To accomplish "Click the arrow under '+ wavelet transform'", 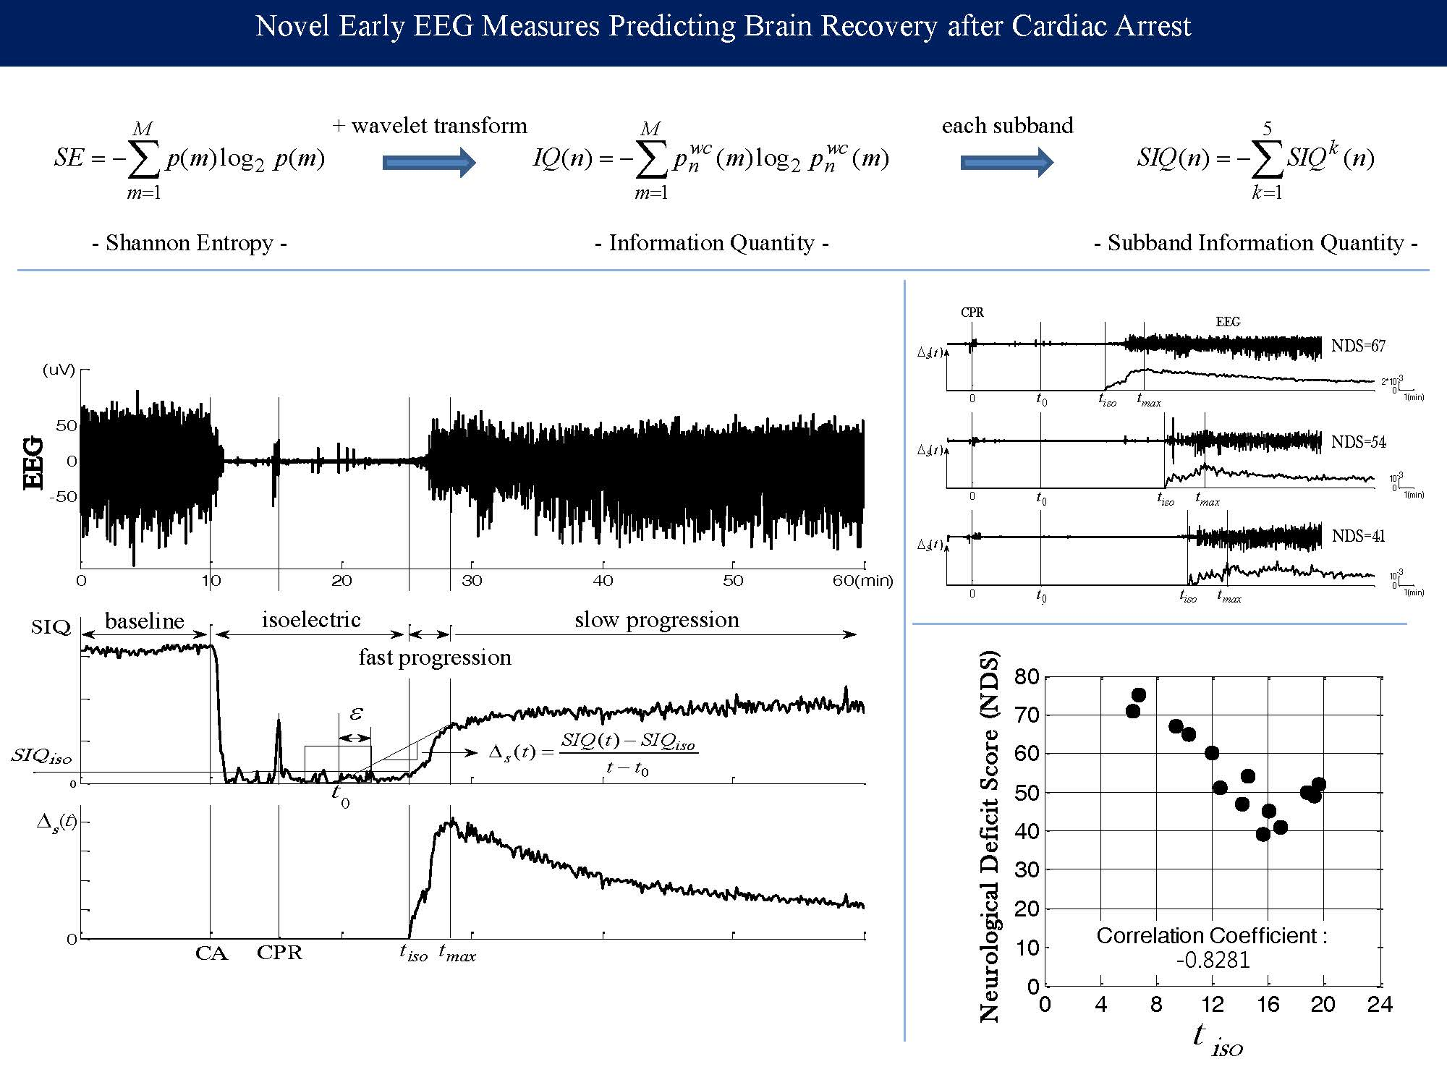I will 428,162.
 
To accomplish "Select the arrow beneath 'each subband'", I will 1006,162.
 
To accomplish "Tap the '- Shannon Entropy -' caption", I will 190,243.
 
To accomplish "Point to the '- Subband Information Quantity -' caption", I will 1255,243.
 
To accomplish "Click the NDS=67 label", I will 1358,346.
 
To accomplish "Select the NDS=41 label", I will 1358,537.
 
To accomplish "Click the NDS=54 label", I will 1358,443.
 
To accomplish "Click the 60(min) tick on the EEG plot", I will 862,581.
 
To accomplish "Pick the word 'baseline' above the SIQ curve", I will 145,621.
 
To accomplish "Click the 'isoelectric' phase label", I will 311,620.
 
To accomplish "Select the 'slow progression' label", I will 657,620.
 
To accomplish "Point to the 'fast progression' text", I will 435,658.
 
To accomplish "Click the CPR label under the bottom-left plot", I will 279,953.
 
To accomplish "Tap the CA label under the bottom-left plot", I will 211,953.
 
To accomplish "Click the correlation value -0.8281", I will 1213,960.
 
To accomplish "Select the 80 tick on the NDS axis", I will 1027,678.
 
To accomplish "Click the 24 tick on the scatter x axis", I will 1379,1005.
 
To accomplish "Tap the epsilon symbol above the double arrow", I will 355,714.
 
